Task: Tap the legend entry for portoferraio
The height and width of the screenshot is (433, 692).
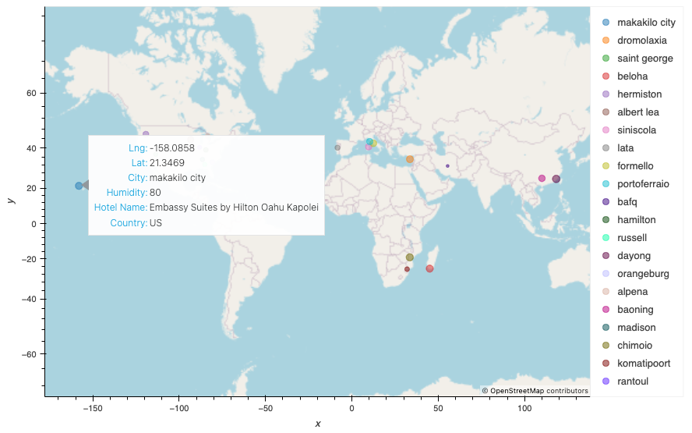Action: point(643,184)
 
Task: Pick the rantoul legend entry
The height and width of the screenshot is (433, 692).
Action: point(633,382)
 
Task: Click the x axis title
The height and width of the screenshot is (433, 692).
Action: point(317,424)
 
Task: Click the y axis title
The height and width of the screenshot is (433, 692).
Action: point(10,201)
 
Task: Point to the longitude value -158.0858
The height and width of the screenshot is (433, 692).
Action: point(172,147)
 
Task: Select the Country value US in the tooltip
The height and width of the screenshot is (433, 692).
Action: point(156,223)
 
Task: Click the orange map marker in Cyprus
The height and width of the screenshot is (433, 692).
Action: point(410,159)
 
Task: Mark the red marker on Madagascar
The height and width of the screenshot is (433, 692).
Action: point(429,268)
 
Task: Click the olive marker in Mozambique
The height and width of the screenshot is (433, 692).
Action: point(410,257)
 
